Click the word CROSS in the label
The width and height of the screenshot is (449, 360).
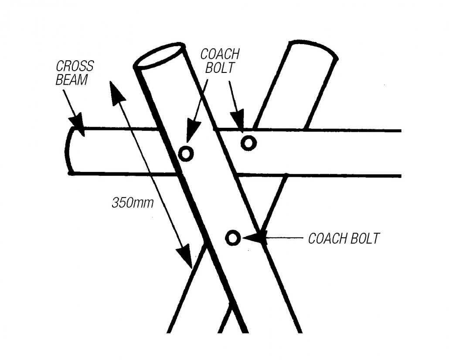point(75,67)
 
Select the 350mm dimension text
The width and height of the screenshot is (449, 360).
point(133,203)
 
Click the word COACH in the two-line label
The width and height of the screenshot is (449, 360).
point(220,54)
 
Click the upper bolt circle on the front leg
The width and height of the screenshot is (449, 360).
point(186,153)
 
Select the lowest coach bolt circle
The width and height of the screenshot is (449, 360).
point(233,238)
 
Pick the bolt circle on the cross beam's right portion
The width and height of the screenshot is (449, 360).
point(248,143)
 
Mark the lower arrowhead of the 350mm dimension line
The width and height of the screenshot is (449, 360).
point(185,257)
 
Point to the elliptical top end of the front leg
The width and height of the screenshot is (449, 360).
point(159,55)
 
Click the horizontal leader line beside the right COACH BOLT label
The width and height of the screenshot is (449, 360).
point(283,238)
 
